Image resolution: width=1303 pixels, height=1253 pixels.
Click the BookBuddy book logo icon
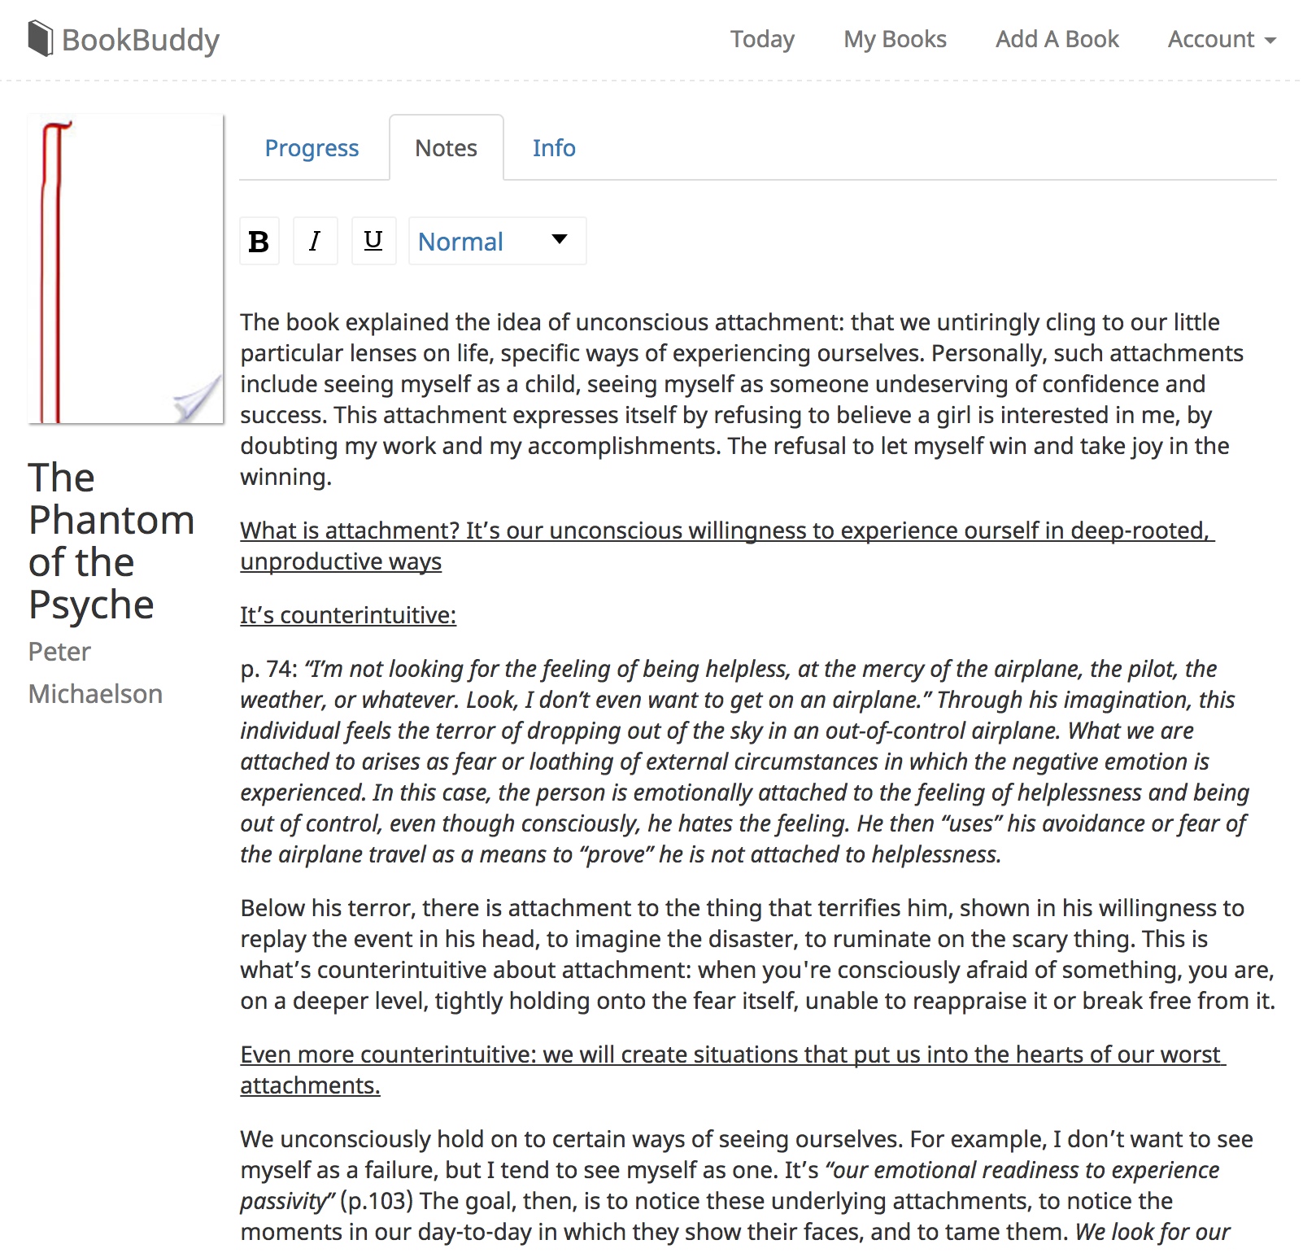40,39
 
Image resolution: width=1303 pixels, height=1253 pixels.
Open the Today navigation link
762,39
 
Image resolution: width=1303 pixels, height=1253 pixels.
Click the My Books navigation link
895,39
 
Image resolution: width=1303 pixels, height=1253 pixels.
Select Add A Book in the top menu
1057,39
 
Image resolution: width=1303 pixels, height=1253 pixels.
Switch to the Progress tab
312,148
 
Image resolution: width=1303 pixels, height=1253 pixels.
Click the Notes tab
446,148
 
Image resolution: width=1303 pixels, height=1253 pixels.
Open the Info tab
554,148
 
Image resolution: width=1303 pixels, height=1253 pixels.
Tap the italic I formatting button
315,241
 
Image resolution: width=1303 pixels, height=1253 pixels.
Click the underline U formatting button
373,241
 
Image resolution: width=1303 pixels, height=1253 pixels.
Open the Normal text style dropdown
496,241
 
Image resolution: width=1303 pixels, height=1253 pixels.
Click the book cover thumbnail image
126,268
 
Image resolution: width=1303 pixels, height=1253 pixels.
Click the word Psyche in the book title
91,605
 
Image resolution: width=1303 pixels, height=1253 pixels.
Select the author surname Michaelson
95,694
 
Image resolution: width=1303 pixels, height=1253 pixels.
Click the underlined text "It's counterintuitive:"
348,615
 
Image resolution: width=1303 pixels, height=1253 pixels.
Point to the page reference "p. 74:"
269,669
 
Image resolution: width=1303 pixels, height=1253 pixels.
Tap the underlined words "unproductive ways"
341,561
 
